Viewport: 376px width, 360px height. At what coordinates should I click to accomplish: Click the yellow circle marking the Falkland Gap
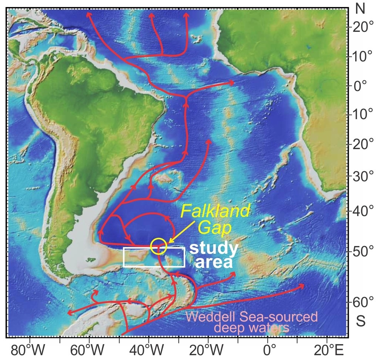tap(159, 246)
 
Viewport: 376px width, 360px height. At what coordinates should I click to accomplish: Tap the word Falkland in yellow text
tap(215, 211)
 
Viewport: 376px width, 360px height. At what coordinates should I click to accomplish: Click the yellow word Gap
tap(214, 227)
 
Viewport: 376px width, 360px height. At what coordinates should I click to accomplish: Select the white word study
tap(214, 248)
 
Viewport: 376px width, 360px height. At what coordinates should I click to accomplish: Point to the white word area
tap(214, 262)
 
